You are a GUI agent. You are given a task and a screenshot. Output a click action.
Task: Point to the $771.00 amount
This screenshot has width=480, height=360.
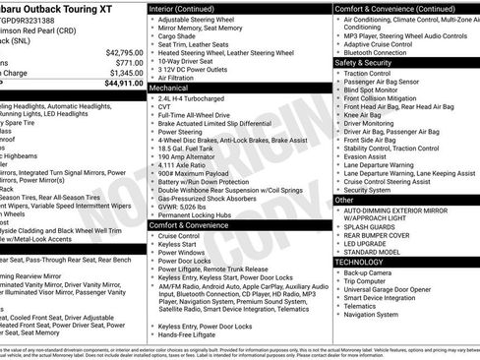click(124, 62)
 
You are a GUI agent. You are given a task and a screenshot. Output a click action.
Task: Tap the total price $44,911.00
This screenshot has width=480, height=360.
click(119, 84)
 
